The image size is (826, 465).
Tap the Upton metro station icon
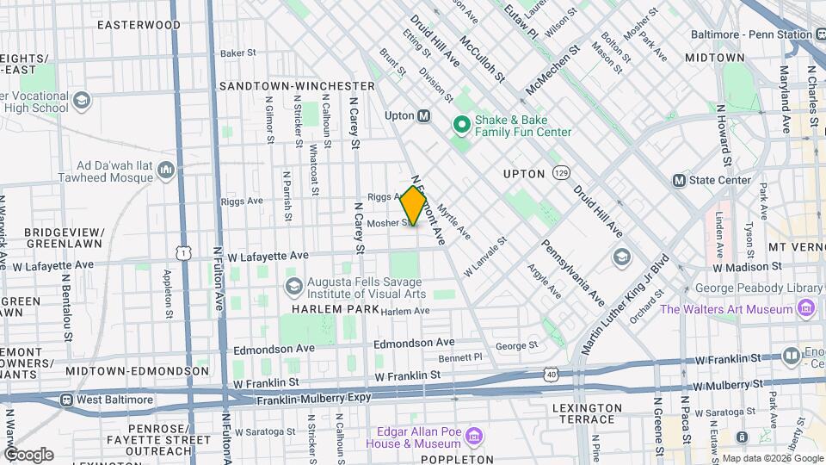click(423, 115)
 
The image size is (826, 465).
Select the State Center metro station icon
click(679, 181)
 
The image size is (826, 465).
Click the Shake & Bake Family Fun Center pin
click(461, 126)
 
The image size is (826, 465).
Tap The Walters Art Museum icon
click(806, 308)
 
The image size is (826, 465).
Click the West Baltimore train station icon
click(66, 400)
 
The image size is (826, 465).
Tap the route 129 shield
click(561, 173)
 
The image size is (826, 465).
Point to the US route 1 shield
click(182, 251)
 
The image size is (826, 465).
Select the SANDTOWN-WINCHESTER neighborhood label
click(297, 87)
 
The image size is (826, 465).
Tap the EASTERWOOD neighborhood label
click(139, 25)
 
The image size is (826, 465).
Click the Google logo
click(28, 454)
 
